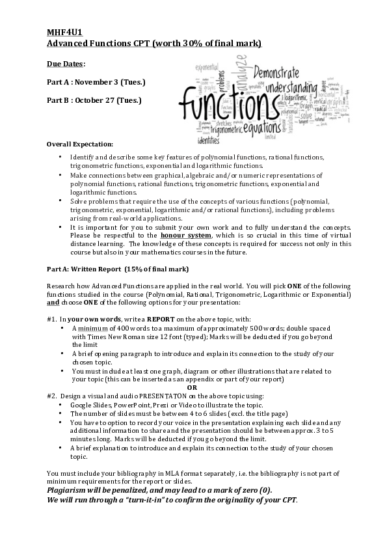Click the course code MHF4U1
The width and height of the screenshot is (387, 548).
tap(63, 31)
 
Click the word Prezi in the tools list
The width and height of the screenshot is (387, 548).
tap(176, 404)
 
